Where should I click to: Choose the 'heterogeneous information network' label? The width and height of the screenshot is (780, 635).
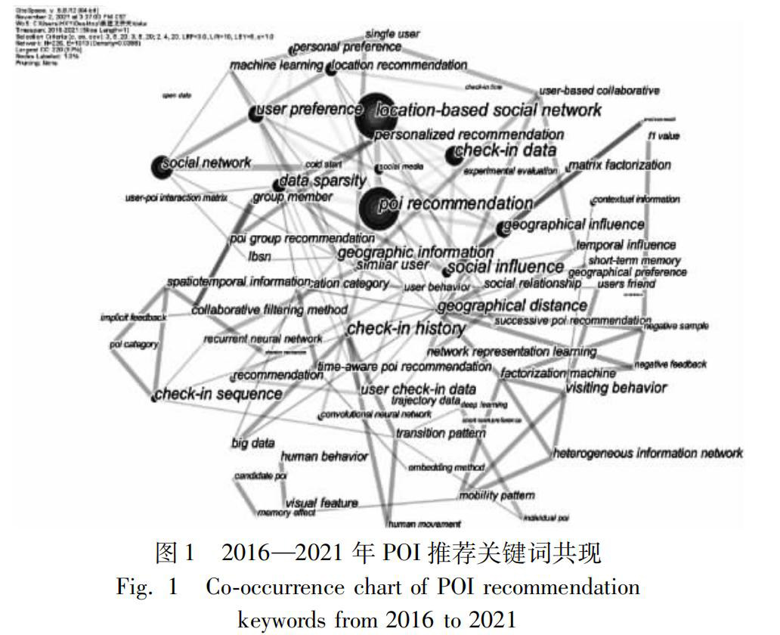[648, 453]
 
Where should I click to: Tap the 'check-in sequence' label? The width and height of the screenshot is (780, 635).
[218, 394]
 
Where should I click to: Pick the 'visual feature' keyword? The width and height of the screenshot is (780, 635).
[320, 503]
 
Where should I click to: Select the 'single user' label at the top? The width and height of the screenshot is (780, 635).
[392, 34]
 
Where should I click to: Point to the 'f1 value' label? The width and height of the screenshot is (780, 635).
[664, 136]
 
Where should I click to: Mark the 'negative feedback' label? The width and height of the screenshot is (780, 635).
[670, 364]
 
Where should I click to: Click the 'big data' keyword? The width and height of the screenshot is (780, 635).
[253, 443]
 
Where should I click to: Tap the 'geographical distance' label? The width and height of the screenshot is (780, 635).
[512, 305]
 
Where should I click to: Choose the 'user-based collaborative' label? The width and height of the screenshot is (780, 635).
[599, 91]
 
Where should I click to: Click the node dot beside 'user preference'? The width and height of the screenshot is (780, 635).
[255, 113]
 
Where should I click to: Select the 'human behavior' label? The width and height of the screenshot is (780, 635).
[324, 457]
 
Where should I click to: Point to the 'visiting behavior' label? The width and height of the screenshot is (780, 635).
[617, 388]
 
